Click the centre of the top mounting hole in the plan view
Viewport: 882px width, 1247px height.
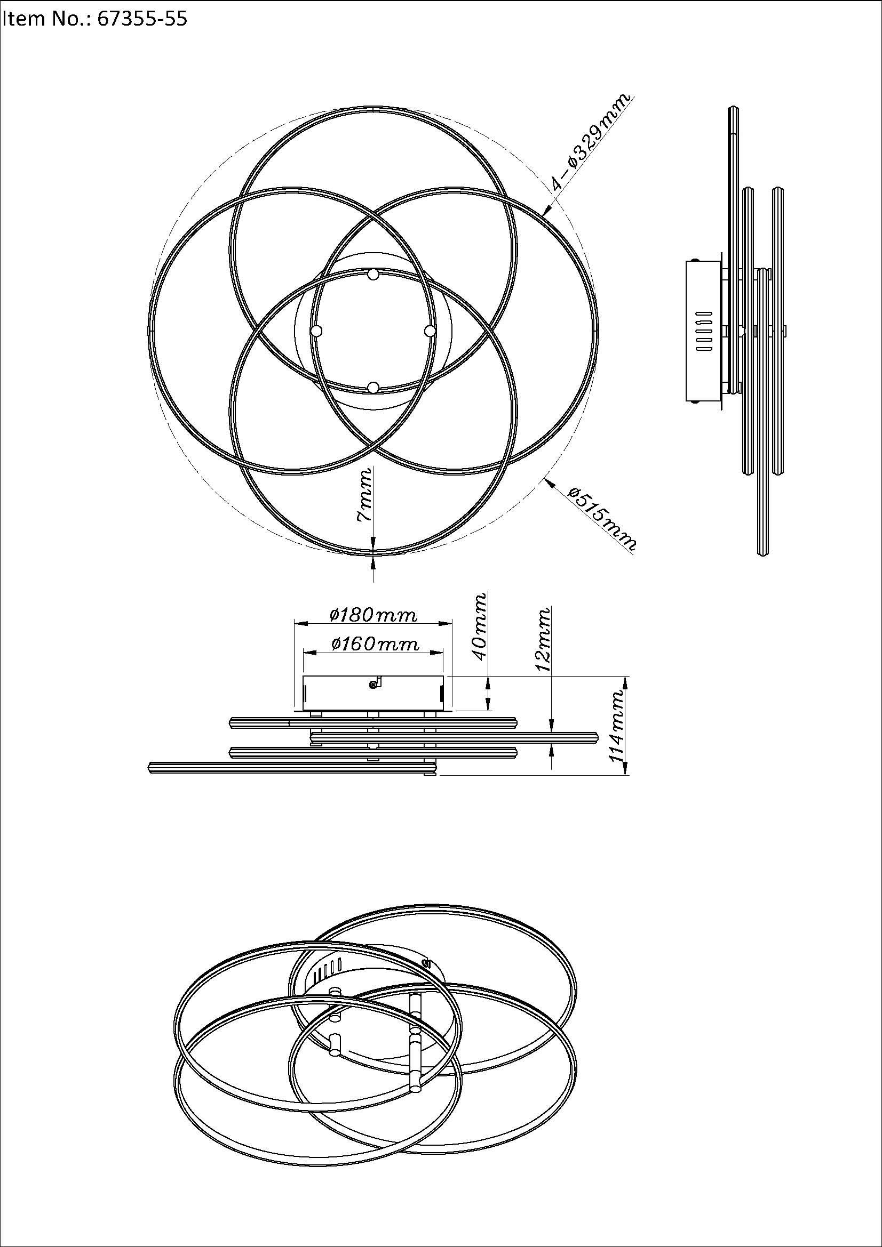[373, 275]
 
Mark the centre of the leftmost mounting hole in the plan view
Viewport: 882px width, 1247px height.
[317, 331]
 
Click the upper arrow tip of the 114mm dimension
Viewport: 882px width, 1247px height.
[625, 677]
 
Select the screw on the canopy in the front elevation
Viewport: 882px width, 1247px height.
[373, 685]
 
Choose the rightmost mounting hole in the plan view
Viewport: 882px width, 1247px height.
[430, 331]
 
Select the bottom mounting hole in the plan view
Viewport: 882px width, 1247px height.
[373, 387]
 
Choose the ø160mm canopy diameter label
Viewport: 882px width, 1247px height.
[375, 643]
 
